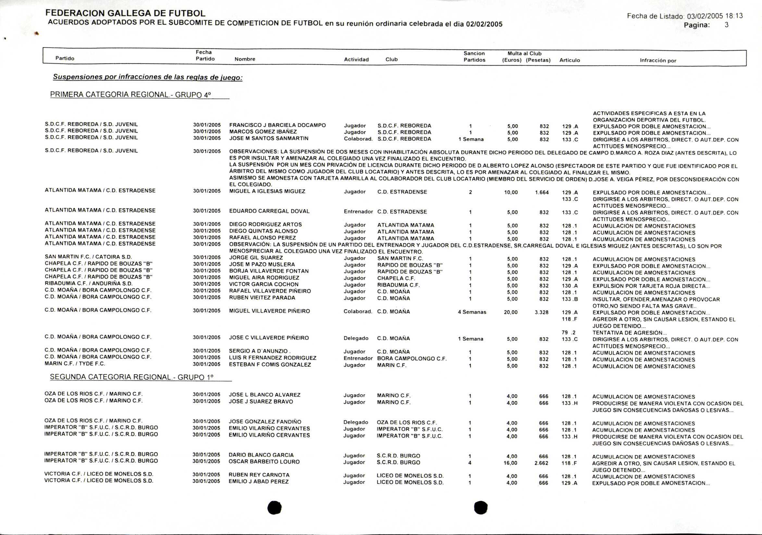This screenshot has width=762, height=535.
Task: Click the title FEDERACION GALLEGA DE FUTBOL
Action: tap(125, 13)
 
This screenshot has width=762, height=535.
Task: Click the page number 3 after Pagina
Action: tap(727, 25)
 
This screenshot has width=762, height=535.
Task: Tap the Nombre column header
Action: tap(245, 59)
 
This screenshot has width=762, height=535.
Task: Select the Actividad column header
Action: tap(356, 59)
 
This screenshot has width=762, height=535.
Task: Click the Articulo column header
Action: tap(570, 60)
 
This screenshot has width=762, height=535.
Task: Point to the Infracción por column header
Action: tap(658, 60)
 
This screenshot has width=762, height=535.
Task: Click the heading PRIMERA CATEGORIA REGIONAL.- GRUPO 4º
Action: tap(130, 94)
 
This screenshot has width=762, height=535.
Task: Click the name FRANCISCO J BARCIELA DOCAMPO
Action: tap(277, 125)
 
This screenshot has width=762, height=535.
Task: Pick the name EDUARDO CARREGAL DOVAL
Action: tap(269, 211)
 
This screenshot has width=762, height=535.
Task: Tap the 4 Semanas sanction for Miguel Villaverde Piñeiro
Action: tap(472, 312)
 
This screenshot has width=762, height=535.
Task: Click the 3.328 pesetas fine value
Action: tap(541, 312)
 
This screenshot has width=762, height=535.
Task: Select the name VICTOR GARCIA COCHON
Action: tap(264, 284)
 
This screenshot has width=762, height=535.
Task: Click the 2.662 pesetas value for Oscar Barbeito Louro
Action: tap(541, 463)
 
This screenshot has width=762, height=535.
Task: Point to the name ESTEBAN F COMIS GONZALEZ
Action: tap(270, 365)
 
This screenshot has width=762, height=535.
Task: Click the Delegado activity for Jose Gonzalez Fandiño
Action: tap(355, 422)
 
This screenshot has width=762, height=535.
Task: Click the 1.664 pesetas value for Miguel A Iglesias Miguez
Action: tap(542, 192)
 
